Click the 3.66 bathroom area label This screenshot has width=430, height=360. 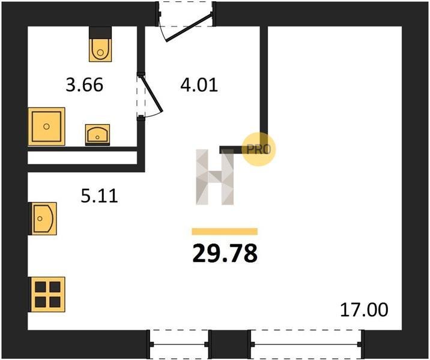point(85,85)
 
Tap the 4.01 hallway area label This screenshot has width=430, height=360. point(199,85)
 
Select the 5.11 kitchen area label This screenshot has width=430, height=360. point(100,196)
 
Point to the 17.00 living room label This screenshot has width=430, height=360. point(364,310)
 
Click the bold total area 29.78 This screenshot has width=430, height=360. point(225,253)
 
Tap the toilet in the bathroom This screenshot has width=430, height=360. point(100,44)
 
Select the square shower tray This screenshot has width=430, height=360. point(46,127)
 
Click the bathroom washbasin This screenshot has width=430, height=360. point(97,134)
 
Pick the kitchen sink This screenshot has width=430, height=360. point(43,218)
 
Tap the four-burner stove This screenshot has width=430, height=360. point(47,295)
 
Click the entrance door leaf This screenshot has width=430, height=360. point(189,28)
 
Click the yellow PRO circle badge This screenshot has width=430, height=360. point(258,149)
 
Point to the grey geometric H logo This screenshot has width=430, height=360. point(215,177)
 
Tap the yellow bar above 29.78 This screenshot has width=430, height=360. point(225,232)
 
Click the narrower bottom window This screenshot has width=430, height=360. point(179,344)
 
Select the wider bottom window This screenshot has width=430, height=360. point(306,344)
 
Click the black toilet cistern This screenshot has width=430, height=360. point(100,33)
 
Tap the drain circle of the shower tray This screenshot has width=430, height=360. point(46,127)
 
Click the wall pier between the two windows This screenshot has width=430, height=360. point(230,344)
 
